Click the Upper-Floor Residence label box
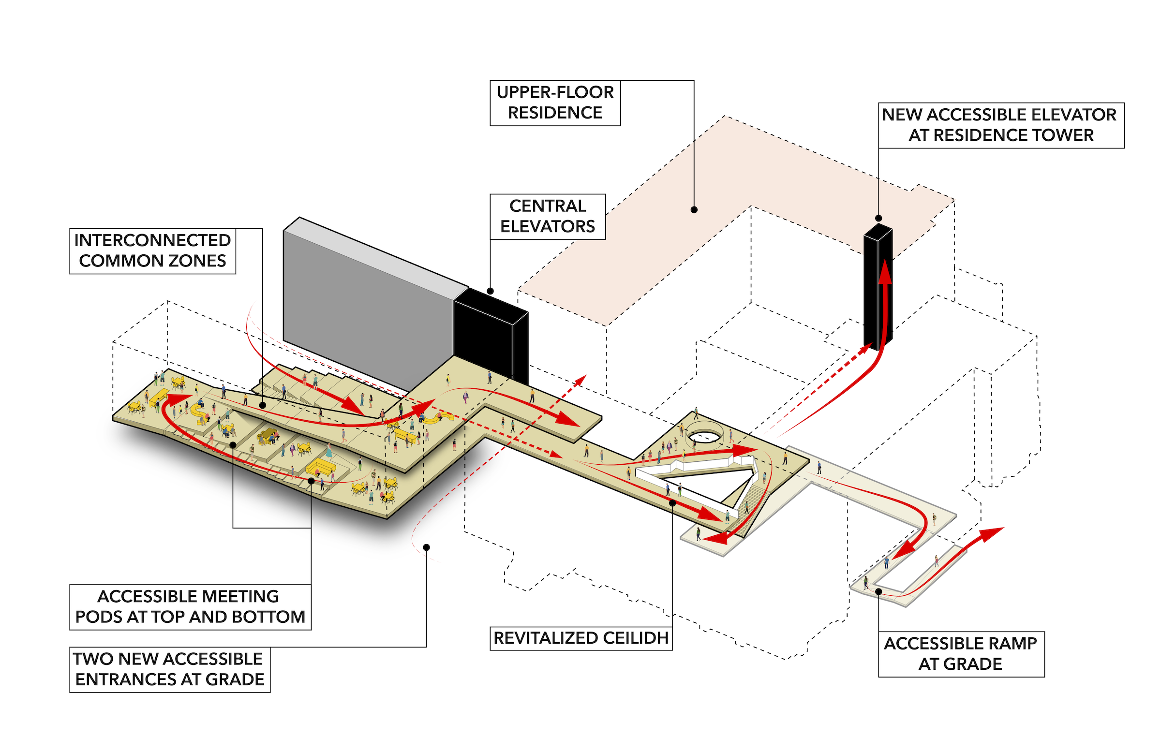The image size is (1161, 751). tap(555, 103)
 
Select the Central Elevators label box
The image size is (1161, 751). tap(547, 217)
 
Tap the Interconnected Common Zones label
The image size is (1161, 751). tap(152, 250)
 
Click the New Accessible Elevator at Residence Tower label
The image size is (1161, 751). tap(1000, 125)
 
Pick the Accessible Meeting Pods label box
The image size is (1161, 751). tap(190, 607)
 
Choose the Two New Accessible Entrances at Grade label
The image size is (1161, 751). tap(169, 670)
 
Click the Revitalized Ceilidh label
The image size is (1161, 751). tap(580, 638)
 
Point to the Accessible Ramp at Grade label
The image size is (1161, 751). tap(961, 654)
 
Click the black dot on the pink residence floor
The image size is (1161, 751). tap(694, 210)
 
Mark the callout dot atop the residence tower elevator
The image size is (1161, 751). tap(878, 218)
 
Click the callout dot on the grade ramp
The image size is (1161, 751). tap(878, 591)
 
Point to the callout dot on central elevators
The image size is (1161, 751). tap(490, 291)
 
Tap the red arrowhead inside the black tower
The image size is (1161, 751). tap(885, 273)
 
